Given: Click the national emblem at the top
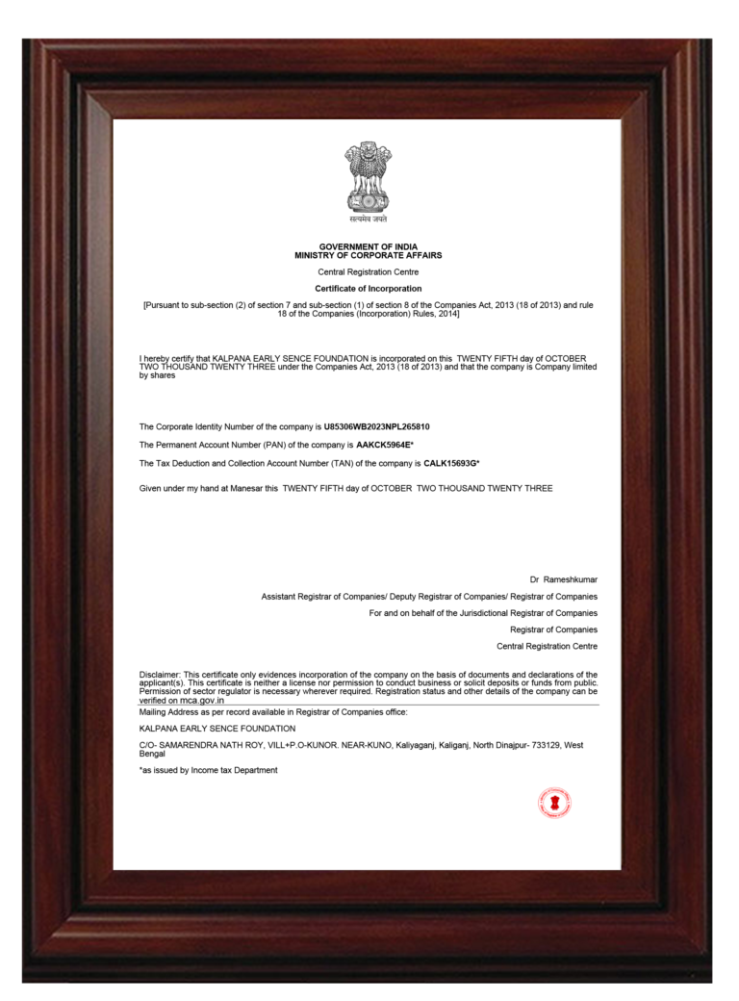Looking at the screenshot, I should [369, 176].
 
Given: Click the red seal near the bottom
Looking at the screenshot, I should [554, 803].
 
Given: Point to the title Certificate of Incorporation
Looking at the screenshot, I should [369, 289].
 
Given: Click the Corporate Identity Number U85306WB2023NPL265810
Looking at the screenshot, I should [377, 426].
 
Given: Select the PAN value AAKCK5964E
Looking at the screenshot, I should [384, 445].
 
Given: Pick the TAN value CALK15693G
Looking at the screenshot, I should [449, 464].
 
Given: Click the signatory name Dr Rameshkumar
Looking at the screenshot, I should [563, 579].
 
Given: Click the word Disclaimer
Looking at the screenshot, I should [159, 675].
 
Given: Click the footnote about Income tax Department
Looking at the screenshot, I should [209, 770].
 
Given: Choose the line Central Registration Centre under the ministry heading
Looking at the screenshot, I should [369, 272].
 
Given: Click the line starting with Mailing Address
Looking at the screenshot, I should [273, 711].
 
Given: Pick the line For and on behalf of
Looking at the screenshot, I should [483, 613].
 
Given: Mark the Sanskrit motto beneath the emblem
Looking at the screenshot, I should [369, 219].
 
